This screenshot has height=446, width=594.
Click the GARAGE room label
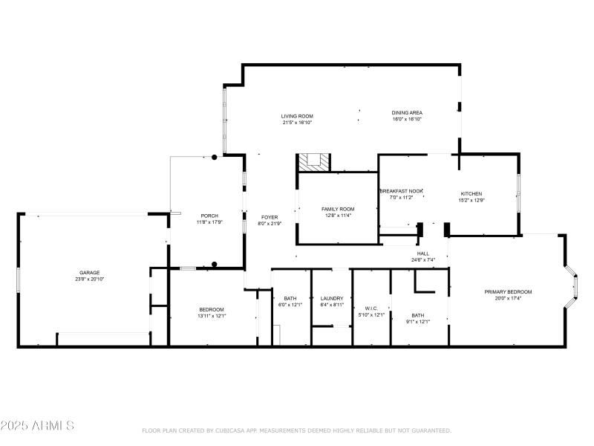tap(90, 273)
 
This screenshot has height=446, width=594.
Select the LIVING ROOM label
tap(297, 116)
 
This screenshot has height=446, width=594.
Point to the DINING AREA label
tap(407, 113)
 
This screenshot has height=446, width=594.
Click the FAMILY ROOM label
tap(338, 209)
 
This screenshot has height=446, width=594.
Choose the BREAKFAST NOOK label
tap(402, 191)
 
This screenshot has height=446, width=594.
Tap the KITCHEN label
tap(471, 193)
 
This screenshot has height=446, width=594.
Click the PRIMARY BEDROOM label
tap(508, 291)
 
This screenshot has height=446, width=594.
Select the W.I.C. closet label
tap(372, 308)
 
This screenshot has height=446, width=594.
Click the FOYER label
tap(268, 217)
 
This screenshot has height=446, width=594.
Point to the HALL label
tap(422, 253)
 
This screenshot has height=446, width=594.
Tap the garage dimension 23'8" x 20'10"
tap(90, 279)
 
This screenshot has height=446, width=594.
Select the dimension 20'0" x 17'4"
tap(508, 298)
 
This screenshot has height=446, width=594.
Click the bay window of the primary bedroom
tap(572, 286)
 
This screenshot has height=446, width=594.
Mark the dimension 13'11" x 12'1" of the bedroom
tap(211, 316)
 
